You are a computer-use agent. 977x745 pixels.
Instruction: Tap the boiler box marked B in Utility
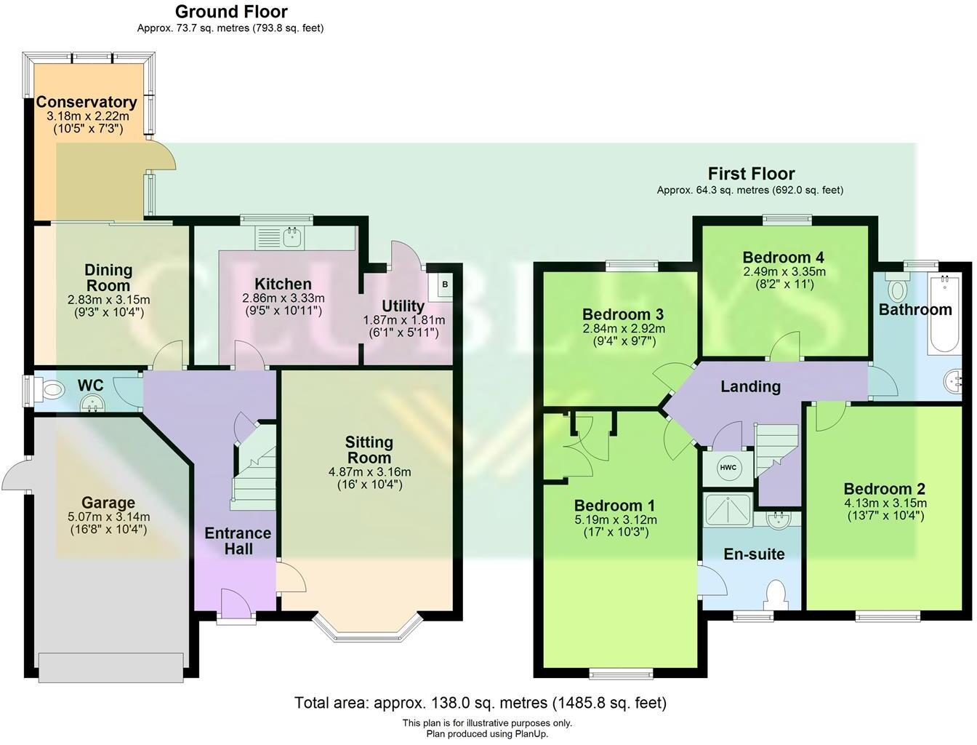444,284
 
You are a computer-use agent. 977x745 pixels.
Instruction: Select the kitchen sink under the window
294,236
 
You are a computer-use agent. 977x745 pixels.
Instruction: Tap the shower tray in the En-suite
728,510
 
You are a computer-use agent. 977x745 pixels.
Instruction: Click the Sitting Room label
369,450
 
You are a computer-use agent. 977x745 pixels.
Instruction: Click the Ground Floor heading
231,12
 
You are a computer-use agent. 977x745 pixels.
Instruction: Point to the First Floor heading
751,174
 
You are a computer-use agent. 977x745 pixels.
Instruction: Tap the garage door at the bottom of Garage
110,667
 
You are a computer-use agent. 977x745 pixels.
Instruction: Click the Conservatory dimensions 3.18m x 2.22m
87,116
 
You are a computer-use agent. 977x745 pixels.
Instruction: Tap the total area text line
480,703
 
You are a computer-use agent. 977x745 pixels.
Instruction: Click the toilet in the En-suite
776,593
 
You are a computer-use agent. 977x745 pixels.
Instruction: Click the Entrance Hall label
238,541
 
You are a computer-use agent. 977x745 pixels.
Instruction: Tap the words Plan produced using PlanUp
487,733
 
